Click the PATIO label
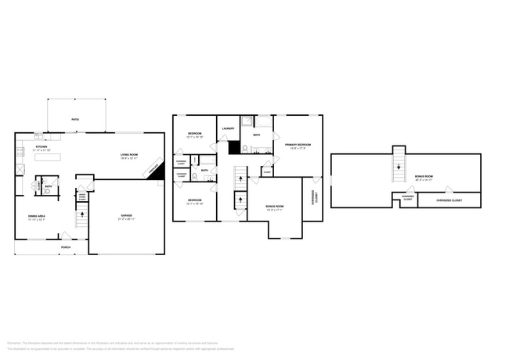[x=75, y=119]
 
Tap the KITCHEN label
[x=40, y=146]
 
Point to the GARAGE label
[x=126, y=215]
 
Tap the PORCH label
[x=67, y=247]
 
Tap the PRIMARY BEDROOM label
[x=298, y=145]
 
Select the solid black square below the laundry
[x=233, y=146]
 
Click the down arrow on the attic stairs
[x=399, y=165]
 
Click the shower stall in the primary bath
[x=247, y=122]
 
